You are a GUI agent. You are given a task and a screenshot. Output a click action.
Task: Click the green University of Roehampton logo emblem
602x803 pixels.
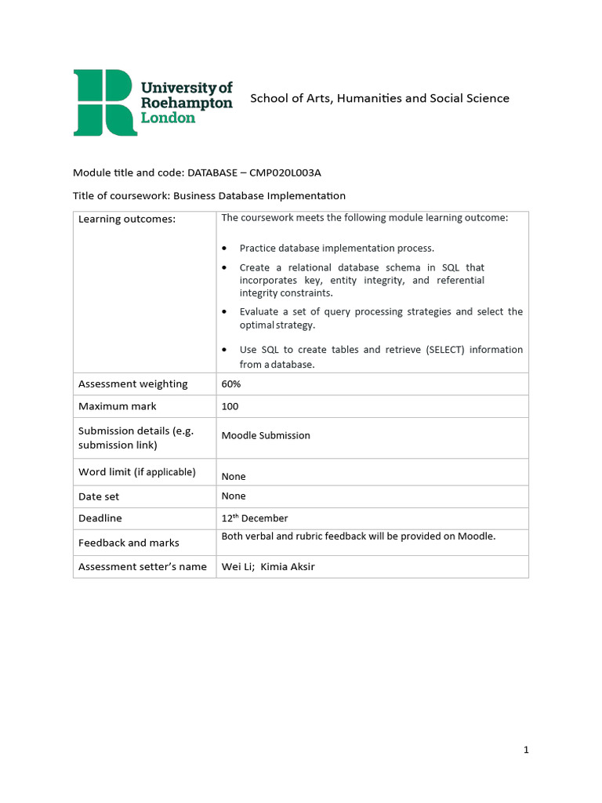[105, 102]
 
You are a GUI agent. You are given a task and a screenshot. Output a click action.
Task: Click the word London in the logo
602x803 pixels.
[168, 118]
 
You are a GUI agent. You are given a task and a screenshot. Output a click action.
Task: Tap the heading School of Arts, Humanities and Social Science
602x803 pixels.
[379, 98]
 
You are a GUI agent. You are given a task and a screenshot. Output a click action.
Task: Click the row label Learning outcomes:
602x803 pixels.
[127, 219]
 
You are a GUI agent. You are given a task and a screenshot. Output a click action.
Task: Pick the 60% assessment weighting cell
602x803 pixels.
[231, 384]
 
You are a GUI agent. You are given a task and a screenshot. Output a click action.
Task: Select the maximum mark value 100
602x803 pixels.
[230, 406]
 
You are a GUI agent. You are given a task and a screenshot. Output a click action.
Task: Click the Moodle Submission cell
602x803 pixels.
[266, 435]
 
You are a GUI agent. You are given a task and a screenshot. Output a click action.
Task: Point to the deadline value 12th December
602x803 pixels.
[255, 518]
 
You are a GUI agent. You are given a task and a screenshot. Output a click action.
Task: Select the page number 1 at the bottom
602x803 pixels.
[526, 750]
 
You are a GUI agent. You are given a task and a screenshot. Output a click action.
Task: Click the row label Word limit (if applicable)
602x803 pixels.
[136, 472]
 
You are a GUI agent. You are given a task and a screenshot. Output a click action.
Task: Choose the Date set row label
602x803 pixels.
[99, 496]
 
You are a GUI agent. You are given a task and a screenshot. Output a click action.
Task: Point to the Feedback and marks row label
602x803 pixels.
[129, 543]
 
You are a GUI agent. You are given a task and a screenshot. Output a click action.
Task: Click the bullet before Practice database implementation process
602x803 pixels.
[226, 249]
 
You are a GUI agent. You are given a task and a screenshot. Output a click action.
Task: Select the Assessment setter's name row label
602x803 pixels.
[143, 566]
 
